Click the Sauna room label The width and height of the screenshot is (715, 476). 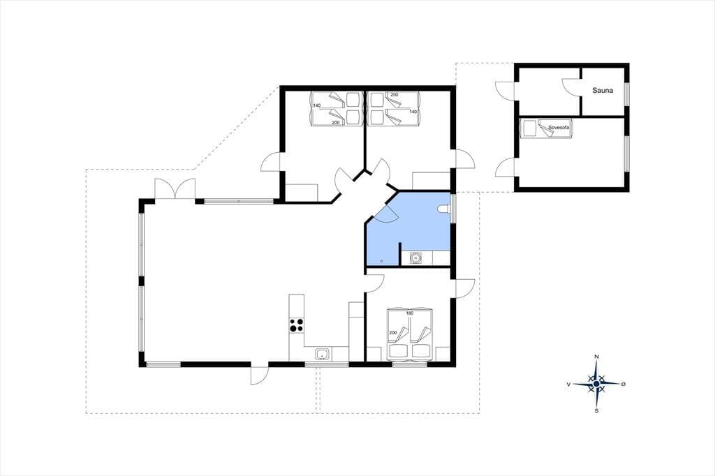coord(603,90)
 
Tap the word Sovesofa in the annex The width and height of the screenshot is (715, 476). coord(559,128)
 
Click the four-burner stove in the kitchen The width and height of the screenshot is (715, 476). coord(296,325)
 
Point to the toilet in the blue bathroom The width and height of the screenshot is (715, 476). coord(443,209)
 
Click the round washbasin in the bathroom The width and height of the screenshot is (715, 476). coord(416,258)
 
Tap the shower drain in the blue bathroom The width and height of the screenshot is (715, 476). coord(382,261)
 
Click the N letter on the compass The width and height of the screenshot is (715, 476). coord(596,356)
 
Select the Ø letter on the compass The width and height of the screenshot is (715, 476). coord(624,385)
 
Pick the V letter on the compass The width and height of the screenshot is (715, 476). coord(568,385)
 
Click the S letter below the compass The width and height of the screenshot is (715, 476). coord(596,411)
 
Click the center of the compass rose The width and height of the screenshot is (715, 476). coord(596,385)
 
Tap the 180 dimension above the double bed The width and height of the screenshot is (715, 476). coord(409,313)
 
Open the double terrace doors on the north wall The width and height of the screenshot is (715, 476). coord(175,188)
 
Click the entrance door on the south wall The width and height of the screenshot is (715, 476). coord(260,375)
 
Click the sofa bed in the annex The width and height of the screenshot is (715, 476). coord(547,128)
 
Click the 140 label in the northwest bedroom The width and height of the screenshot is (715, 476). coord(317,105)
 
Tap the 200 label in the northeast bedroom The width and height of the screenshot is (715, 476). coord(395,95)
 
